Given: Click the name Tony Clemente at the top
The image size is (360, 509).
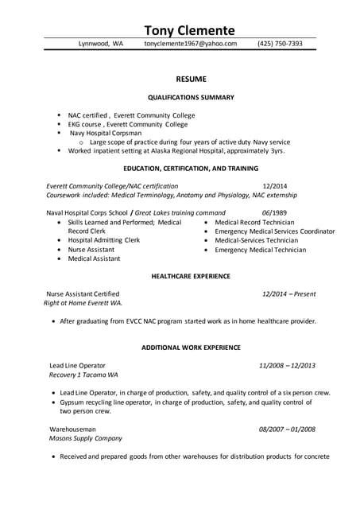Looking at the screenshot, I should (x=189, y=30).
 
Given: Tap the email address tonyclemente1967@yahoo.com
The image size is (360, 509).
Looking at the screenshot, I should (x=191, y=44).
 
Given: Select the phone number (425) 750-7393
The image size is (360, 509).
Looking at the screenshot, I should (x=280, y=44).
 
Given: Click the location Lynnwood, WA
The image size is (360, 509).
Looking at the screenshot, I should (x=101, y=44).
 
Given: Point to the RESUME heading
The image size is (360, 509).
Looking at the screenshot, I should (x=191, y=79).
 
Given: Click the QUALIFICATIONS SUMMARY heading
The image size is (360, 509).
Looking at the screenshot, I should (x=191, y=97).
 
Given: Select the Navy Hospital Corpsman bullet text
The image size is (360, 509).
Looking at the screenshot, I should (x=105, y=133).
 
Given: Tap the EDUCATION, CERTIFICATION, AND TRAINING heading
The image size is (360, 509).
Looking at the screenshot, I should (x=191, y=169).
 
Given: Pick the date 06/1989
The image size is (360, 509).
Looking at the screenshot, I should (x=274, y=212).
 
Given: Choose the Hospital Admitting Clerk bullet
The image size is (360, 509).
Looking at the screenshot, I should (x=103, y=240).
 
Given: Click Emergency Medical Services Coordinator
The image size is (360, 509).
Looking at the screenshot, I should (x=274, y=231).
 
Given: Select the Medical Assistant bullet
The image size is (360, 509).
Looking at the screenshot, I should (x=94, y=258).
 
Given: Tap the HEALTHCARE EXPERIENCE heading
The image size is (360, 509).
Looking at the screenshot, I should (x=191, y=276).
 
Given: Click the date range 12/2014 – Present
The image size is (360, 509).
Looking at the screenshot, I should (x=288, y=293).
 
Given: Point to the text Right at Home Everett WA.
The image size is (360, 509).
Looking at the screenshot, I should (x=83, y=303).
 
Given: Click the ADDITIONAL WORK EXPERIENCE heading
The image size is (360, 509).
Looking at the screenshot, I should (x=191, y=348).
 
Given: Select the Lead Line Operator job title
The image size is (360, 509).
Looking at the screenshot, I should (x=77, y=365).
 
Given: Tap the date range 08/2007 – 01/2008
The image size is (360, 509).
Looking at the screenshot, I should (x=287, y=429).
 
